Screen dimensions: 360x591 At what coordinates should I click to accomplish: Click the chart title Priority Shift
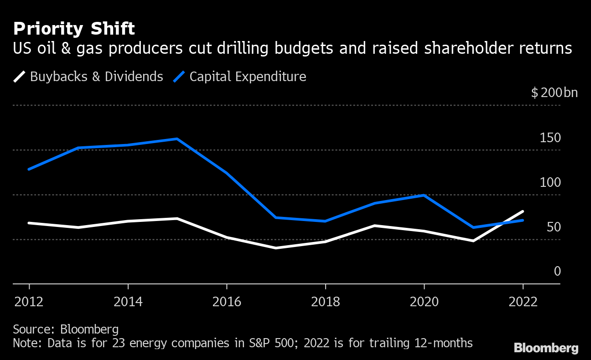pyautogui.click(x=74, y=29)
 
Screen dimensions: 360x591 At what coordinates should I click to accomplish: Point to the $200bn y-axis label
pyautogui.click(x=554, y=93)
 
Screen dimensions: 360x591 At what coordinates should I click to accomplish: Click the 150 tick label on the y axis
pyautogui.click(x=550, y=138)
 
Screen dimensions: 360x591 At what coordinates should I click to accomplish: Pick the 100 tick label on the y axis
pyautogui.click(x=550, y=183)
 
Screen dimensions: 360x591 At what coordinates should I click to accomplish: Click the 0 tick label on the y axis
pyautogui.click(x=557, y=272)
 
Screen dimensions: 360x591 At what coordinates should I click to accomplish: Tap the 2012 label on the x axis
pyautogui.click(x=29, y=302)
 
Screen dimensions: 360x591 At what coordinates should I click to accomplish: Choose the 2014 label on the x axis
pyautogui.click(x=128, y=302)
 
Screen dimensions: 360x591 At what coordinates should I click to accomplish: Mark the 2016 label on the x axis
pyautogui.click(x=227, y=302)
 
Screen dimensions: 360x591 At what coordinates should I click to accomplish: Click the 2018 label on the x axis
pyautogui.click(x=326, y=302)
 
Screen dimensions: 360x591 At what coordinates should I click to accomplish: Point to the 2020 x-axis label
pyautogui.click(x=424, y=302)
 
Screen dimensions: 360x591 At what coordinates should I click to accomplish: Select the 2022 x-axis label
pyautogui.click(x=523, y=302)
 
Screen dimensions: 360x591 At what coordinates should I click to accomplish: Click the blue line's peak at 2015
pyautogui.click(x=177, y=139)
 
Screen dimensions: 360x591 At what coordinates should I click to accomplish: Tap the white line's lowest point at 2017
pyautogui.click(x=276, y=248)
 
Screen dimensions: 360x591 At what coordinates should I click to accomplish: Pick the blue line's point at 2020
pyautogui.click(x=424, y=195)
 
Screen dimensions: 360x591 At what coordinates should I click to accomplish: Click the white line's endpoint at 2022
pyautogui.click(x=523, y=211)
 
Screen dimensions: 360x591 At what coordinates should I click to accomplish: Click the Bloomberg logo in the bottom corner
pyautogui.click(x=546, y=348)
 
